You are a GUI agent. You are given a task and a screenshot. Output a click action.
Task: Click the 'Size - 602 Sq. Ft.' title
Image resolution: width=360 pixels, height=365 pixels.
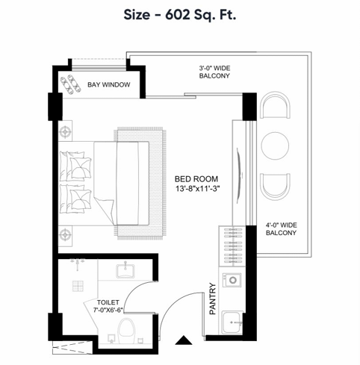pos(180,15)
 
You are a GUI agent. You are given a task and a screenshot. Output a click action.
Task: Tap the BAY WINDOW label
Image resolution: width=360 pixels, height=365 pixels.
pos(109,85)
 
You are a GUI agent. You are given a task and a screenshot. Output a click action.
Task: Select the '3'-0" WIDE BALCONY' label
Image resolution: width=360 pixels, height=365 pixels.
pos(214,72)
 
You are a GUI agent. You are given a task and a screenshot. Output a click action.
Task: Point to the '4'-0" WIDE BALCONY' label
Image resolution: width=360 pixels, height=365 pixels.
pos(281,229)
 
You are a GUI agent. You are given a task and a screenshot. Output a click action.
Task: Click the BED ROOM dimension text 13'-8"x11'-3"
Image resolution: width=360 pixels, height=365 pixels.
pos(198,189)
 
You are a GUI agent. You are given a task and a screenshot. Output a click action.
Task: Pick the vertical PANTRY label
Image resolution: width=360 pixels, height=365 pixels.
pos(213,299)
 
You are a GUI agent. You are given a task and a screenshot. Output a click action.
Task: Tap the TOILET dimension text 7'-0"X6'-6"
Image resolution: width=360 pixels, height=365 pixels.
pos(108,310)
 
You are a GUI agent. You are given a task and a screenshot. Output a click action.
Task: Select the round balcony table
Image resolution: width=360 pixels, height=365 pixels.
pos(275,146)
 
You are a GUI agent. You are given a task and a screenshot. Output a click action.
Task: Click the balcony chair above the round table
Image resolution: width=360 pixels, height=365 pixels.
pos(275,105)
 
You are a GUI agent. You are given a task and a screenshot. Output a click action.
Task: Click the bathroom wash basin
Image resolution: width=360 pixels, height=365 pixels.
pos(125,271)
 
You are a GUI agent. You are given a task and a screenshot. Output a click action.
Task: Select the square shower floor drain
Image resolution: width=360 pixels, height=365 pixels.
pos(78,286)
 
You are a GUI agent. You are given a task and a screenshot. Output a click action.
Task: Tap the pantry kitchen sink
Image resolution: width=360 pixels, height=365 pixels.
pos(232,322)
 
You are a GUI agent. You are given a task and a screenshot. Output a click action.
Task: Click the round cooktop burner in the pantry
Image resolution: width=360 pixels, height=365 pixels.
pos(233,280)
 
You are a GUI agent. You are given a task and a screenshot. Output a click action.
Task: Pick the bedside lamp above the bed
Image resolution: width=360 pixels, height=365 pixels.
pos(65,131)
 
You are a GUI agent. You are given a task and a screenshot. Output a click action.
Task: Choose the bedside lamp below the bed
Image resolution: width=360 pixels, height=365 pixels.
pos(65,235)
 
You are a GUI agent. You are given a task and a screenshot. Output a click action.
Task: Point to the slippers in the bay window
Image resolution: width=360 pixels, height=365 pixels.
pos(71,84)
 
